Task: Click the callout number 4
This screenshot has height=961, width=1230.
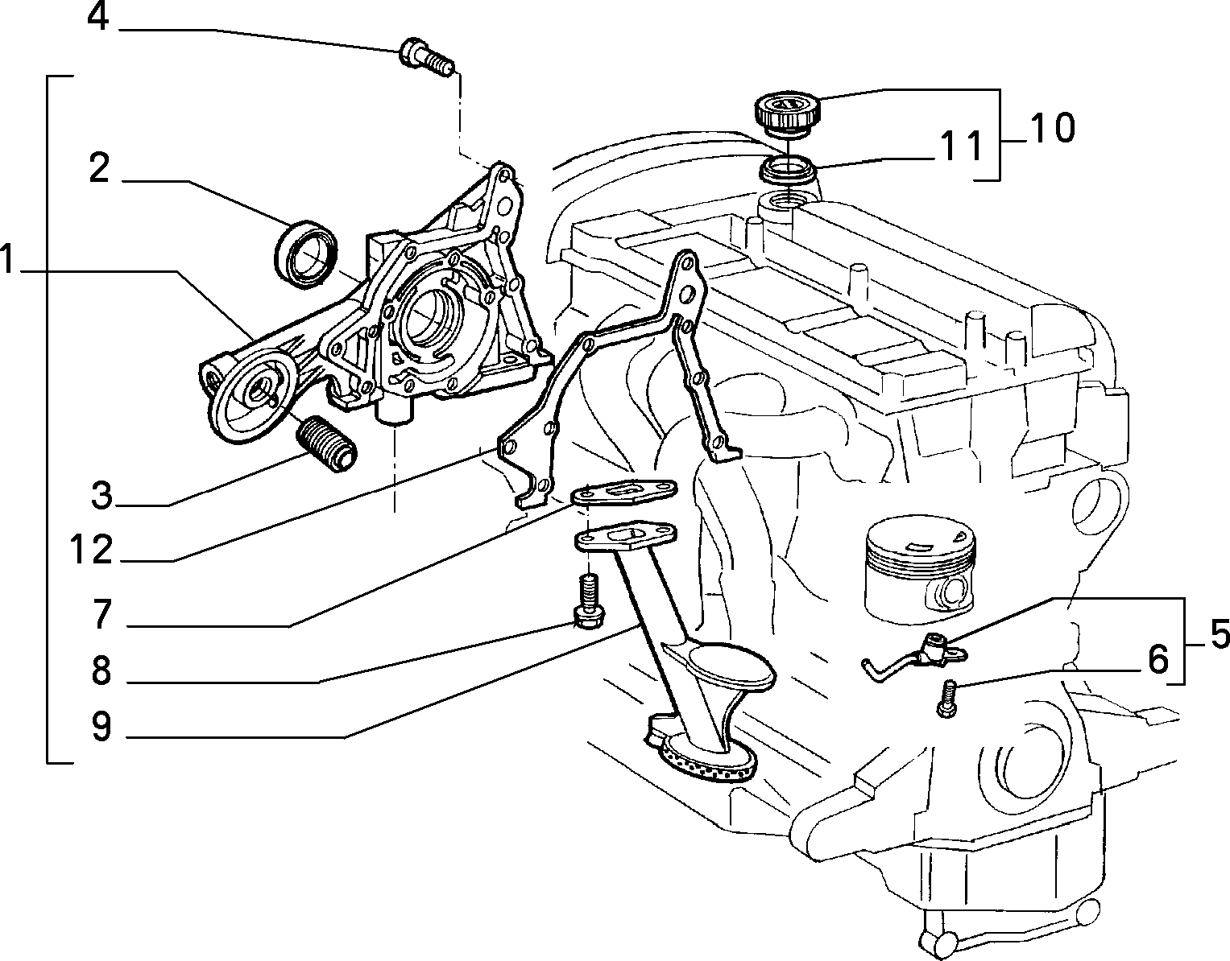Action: [97, 19]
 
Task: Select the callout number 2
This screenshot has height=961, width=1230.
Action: [99, 168]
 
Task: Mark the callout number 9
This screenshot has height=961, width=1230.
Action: [101, 726]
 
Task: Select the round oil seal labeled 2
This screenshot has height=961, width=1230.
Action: [306, 254]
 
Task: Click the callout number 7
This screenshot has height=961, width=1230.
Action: [101, 614]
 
